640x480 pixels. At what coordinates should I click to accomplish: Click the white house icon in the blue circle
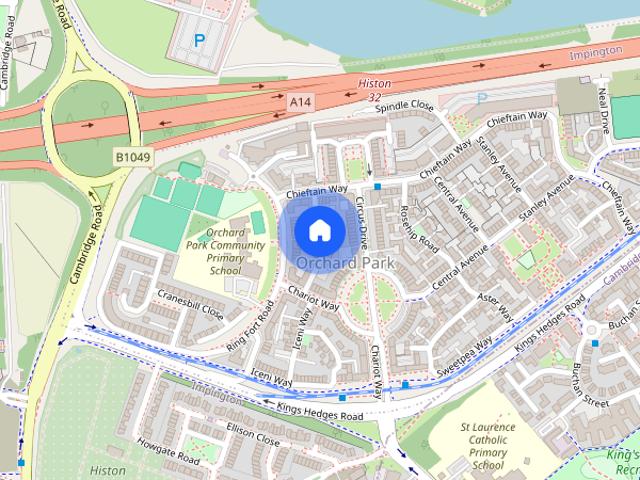pyautogui.click(x=319, y=230)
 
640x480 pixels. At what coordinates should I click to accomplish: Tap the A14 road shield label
pyautogui.click(x=301, y=102)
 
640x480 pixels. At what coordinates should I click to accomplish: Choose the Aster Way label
pyautogui.click(x=494, y=301)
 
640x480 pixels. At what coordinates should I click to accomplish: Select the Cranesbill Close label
pyautogui.click(x=191, y=302)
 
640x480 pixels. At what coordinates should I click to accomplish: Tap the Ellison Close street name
pyautogui.click(x=252, y=438)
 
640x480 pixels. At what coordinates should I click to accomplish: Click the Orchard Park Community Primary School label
pyautogui.click(x=225, y=251)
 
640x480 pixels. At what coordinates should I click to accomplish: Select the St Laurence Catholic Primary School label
pyautogui.click(x=487, y=445)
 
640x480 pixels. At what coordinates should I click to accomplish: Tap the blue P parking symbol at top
pyautogui.click(x=198, y=41)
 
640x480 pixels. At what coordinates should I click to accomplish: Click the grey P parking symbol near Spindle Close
pyautogui.click(x=481, y=99)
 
